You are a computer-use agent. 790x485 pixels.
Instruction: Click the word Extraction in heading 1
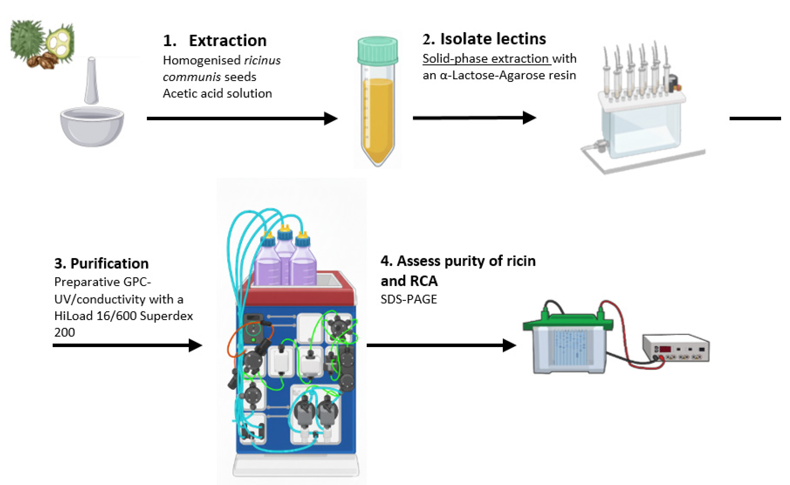coord(227,41)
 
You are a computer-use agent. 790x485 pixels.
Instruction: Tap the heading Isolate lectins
coord(484,39)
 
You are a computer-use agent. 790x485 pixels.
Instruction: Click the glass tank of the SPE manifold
coord(642,128)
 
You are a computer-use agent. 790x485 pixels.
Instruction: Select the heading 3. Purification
coord(101,264)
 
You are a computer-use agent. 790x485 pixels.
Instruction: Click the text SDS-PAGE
coord(408,299)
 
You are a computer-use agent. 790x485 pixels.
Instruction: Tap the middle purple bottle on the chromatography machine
coord(285,257)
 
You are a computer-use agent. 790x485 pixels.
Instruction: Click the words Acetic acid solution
coord(217,93)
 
